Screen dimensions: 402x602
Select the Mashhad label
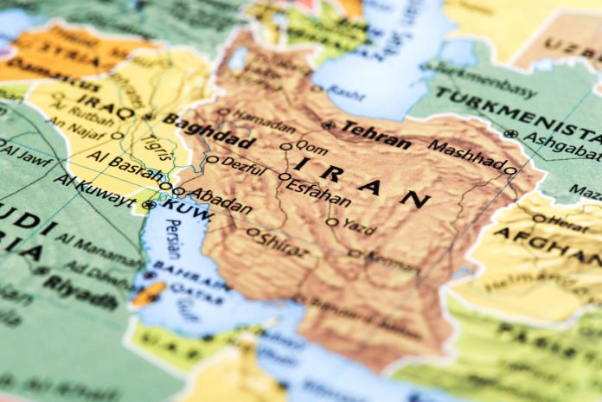click(x=466, y=154)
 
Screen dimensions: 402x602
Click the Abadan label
click(x=220, y=201)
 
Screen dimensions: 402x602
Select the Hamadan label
click(x=264, y=119)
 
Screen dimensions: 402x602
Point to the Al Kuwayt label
click(x=95, y=192)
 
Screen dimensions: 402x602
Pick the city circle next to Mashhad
click(x=510, y=170)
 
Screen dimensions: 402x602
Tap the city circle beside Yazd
click(x=331, y=222)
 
